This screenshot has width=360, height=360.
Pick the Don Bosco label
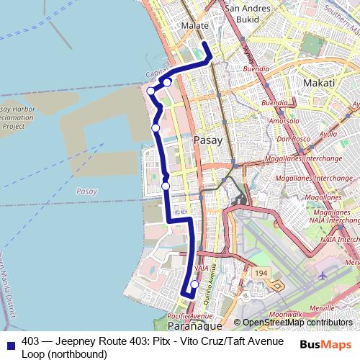point(292,138)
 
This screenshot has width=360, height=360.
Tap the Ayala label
point(328,134)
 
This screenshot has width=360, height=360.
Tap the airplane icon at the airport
point(322,276)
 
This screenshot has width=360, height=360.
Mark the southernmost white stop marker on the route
point(194,284)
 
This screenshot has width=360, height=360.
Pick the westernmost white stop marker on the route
point(150,91)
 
